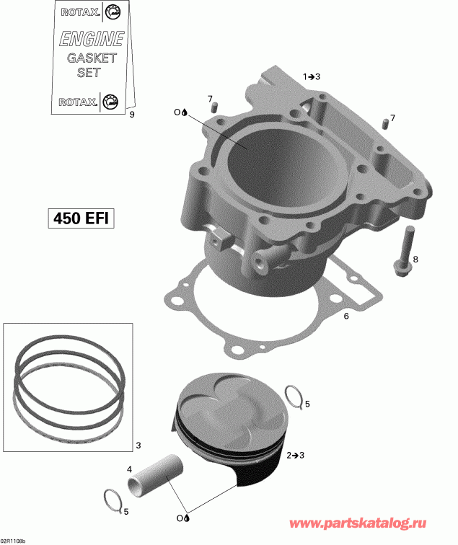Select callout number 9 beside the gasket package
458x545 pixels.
click(131, 114)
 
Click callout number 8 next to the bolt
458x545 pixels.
click(414, 259)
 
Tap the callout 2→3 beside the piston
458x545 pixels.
click(296, 456)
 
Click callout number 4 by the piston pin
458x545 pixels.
click(130, 469)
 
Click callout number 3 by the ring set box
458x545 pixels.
click(138, 445)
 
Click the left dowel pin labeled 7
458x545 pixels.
click(213, 107)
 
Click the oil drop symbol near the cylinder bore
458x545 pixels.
click(185, 112)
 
